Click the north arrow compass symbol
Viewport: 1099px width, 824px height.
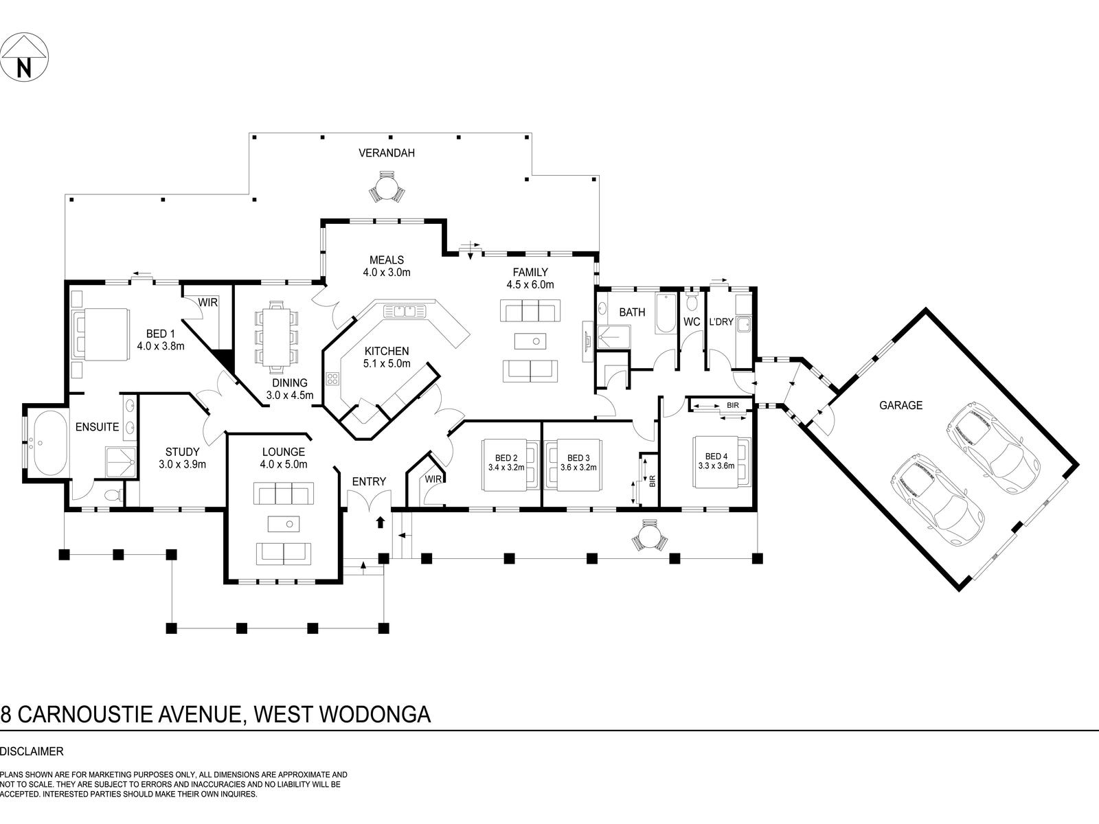pos(25,56)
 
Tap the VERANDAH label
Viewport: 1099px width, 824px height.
pos(387,153)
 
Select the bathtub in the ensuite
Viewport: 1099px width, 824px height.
pos(46,444)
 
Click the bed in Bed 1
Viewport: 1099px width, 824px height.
pos(102,334)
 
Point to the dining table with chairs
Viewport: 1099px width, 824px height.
pos(277,333)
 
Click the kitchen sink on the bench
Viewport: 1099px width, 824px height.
pos(406,311)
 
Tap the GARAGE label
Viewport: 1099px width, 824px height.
pos(900,405)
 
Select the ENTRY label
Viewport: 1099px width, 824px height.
pos(369,481)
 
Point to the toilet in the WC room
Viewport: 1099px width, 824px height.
pos(692,301)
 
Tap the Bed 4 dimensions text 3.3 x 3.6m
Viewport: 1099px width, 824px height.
pos(716,466)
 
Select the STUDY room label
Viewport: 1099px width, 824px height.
pos(182,452)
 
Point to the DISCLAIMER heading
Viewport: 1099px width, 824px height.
pos(32,752)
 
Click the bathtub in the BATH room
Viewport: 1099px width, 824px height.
pos(665,314)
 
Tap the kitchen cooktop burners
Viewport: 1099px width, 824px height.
pos(333,380)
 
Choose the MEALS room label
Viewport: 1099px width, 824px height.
pos(387,260)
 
